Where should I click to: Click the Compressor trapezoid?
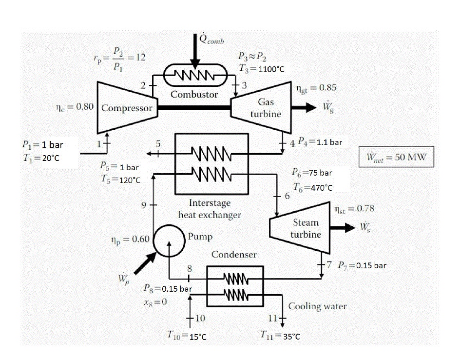click(128, 107)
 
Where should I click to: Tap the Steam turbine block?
click(298, 228)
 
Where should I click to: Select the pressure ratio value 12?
click(140, 57)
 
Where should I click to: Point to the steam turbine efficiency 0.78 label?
click(355, 208)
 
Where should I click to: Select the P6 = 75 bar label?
click(312, 173)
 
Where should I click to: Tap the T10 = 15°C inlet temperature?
click(188, 337)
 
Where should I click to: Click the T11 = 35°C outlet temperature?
click(283, 337)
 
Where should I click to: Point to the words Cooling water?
click(318, 306)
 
